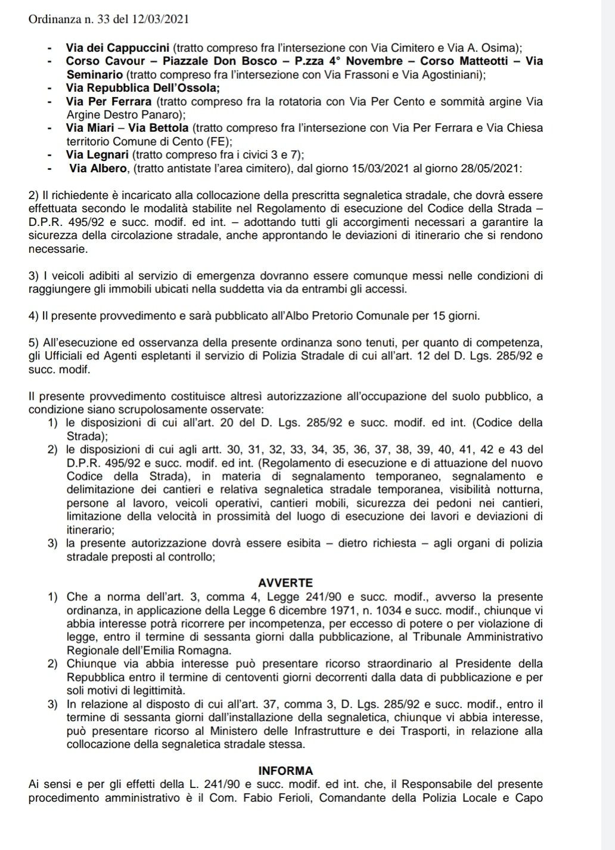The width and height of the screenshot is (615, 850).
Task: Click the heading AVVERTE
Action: click(x=286, y=582)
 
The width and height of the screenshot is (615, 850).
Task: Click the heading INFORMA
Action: click(x=286, y=771)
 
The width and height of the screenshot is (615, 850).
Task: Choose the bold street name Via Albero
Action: click(x=98, y=169)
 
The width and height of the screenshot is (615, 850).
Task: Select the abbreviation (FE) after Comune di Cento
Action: click(x=216, y=142)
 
